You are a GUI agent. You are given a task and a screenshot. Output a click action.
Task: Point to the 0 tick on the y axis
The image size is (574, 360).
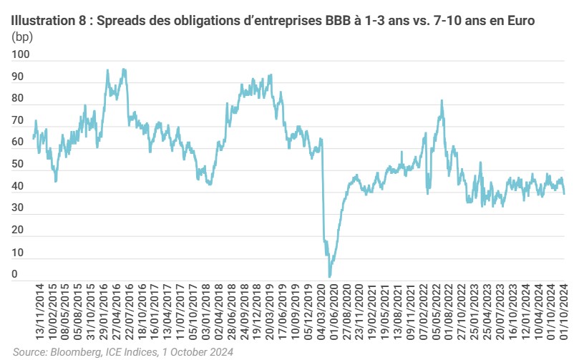pyautogui.click(x=15, y=274)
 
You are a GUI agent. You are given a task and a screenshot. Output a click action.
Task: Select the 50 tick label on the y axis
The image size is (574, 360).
pyautogui.click(x=18, y=165)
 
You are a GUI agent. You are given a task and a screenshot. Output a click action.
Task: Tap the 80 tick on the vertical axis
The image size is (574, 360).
pyautogui.click(x=18, y=98)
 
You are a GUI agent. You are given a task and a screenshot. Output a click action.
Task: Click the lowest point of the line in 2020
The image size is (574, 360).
pyautogui.click(x=330, y=276)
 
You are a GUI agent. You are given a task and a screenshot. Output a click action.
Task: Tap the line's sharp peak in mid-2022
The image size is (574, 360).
pyautogui.click(x=442, y=101)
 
